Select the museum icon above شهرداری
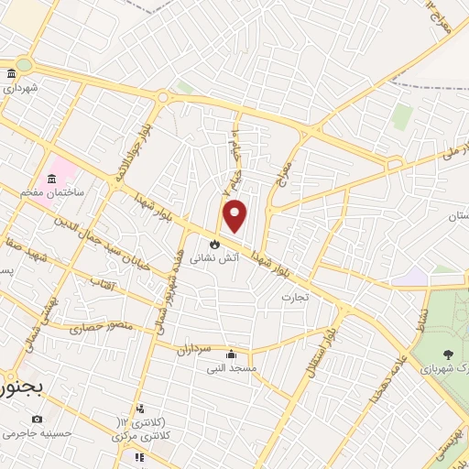coord(10,74)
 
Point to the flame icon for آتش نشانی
coord(213,245)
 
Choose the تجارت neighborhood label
coord(295,297)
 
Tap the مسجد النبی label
coord(231,368)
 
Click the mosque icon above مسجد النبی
coord(230,354)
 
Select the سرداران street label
coord(194,349)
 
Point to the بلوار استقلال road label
coord(327,344)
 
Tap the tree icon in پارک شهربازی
coord(446,354)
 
